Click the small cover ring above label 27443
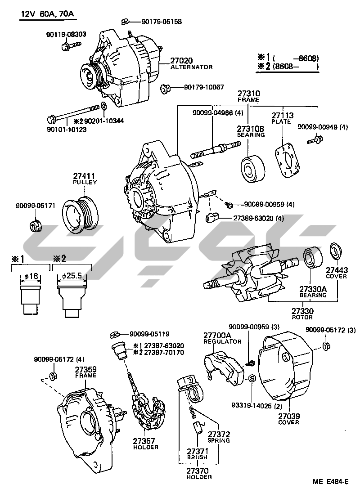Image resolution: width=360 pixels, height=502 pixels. (335, 251)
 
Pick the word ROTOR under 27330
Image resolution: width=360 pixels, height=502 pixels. (302, 317)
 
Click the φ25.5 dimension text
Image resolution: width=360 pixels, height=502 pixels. (72, 275)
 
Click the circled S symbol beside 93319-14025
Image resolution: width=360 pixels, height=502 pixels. (252, 378)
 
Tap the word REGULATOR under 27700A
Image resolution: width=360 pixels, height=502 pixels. (222, 341)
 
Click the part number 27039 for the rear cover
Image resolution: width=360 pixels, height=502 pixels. (288, 416)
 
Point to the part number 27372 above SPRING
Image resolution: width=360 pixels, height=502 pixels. (219, 434)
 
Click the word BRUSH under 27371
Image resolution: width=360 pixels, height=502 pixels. (197, 457)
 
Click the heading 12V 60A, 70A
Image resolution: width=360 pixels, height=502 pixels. (47, 14)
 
